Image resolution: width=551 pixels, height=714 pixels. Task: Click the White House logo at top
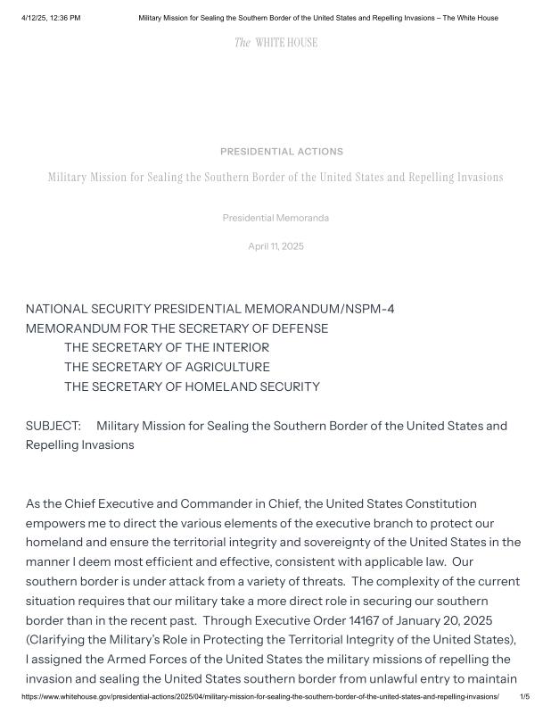pos(275,43)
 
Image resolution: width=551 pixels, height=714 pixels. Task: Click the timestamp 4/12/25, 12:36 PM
pos(51,18)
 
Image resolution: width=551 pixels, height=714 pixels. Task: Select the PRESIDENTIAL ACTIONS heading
pos(282,152)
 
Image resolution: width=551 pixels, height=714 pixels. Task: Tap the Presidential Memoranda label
pos(275,218)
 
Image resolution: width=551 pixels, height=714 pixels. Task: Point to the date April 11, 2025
pos(275,246)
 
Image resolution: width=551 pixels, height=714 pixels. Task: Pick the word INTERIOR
pos(240,347)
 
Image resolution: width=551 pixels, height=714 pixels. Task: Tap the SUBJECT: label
pos(53,426)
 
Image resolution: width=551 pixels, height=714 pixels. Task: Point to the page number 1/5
pos(525,696)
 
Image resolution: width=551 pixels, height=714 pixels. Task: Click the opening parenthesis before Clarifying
pos(29,640)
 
